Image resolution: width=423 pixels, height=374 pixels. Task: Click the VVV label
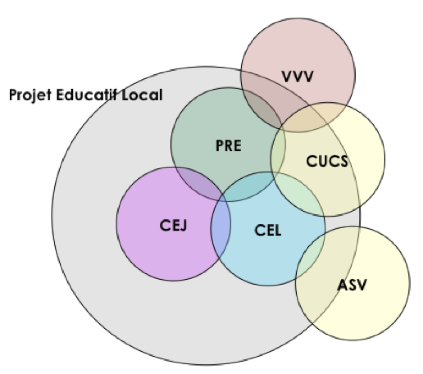click(x=297, y=76)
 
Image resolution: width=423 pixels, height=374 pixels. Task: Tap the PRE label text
click(x=228, y=146)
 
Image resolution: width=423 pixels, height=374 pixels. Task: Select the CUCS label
click(x=327, y=161)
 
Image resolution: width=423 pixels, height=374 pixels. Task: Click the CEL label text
click(x=268, y=230)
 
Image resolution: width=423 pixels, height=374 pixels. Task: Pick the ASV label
click(x=351, y=285)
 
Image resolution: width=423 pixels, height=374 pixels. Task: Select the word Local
click(x=144, y=95)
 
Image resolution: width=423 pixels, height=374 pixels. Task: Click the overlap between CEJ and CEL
click(x=221, y=228)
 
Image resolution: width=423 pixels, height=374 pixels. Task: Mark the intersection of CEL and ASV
click(x=311, y=256)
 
